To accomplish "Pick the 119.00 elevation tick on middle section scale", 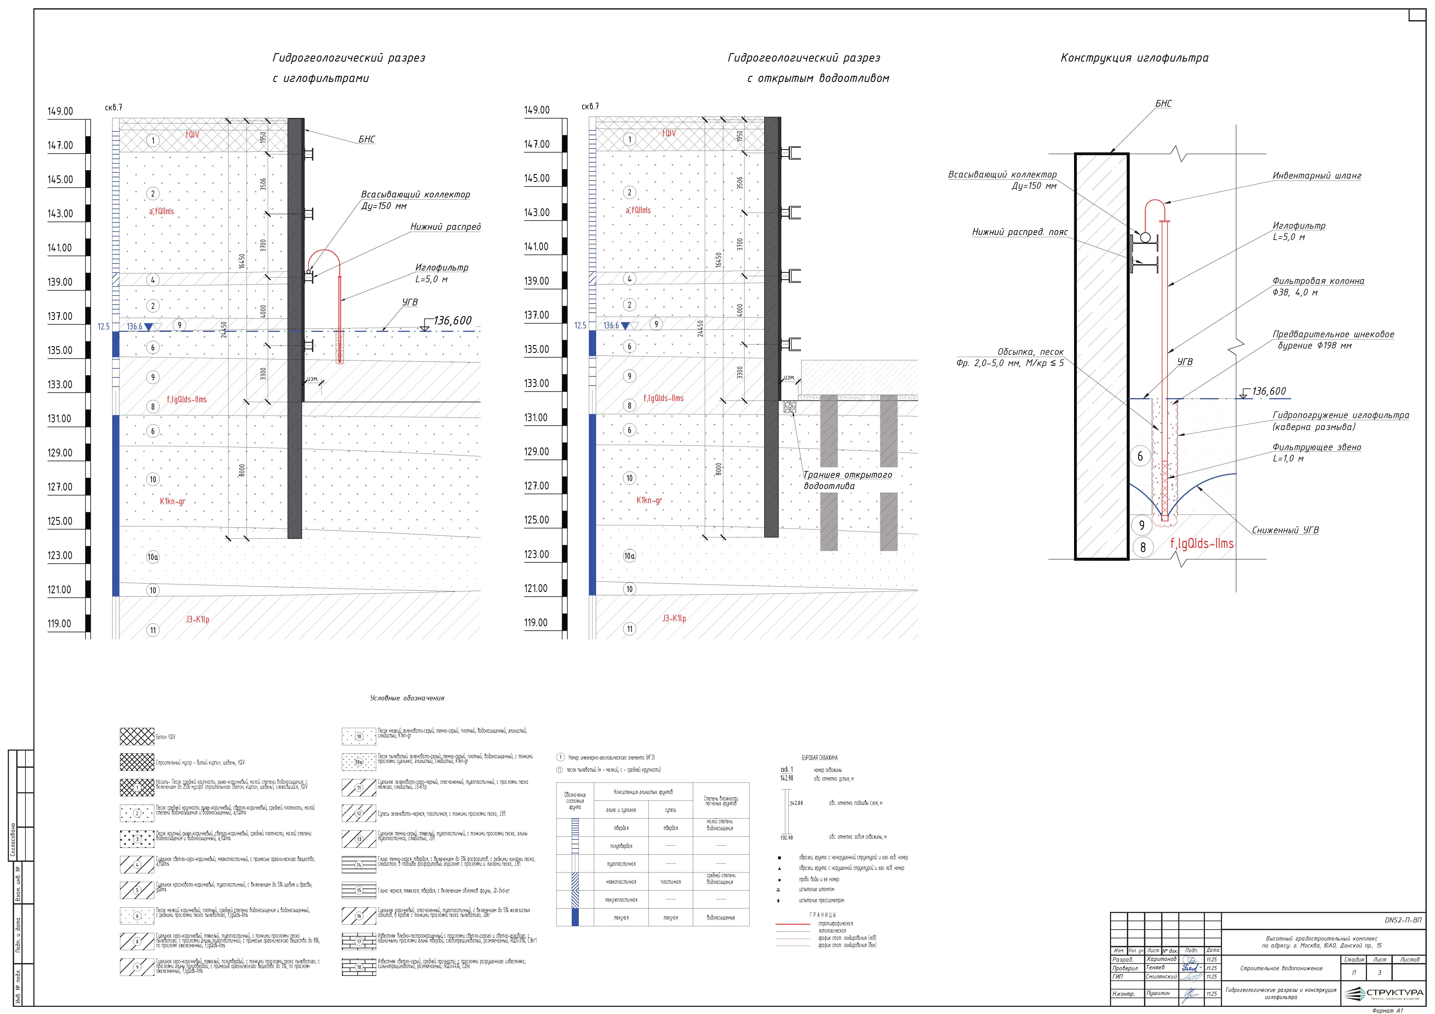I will [x=536, y=623].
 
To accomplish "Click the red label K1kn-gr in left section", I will [x=172, y=501].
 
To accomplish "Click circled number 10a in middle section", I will [x=629, y=556].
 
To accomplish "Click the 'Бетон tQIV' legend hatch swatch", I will [x=137, y=736].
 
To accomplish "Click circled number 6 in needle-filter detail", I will [x=1140, y=456].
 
